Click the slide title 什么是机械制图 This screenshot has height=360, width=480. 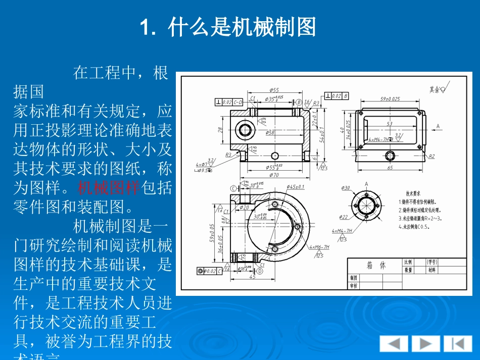[228, 27]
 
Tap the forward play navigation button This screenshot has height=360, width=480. [425, 344]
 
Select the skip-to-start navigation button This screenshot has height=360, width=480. [458, 344]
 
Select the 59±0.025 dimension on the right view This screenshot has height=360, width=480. [390, 99]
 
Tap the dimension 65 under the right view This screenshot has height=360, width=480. [390, 168]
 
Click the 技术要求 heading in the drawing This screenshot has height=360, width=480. [413, 193]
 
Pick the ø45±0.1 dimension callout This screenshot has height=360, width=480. [296, 187]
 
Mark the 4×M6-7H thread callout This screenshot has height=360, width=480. [319, 247]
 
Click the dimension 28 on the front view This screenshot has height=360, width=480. [220, 130]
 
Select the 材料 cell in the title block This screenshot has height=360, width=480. [432, 270]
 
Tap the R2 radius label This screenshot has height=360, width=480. [431, 157]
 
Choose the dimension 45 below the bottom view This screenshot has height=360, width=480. [252, 276]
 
